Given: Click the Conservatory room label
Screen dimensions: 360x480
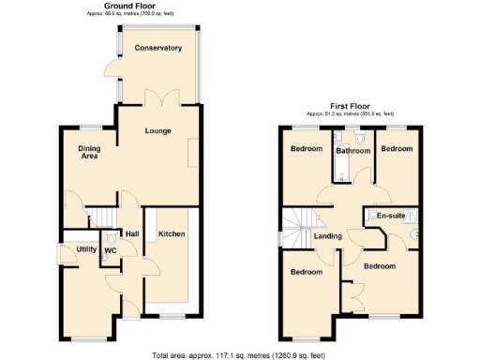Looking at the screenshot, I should tap(157, 48).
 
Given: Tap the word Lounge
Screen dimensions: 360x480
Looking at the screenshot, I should tap(157, 130).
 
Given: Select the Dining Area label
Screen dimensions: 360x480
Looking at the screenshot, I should tap(89, 151).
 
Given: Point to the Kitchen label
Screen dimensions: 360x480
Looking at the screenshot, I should tap(171, 232).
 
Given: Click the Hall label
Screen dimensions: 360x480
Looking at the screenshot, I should tap(133, 233).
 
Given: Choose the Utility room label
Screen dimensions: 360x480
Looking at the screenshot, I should tap(87, 249).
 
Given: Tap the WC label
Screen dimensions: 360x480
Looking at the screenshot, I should tap(110, 250).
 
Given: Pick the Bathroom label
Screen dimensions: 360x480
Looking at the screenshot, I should tap(353, 150).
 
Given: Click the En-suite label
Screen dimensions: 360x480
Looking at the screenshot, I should tap(390, 216).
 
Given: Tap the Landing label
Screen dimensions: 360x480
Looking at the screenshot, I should tap(327, 235).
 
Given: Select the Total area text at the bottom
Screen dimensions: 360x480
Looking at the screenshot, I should tap(239, 354).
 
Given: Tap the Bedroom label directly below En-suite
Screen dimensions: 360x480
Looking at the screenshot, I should tap(382, 266).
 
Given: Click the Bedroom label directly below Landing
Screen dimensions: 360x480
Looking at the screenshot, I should tap(306, 272).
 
